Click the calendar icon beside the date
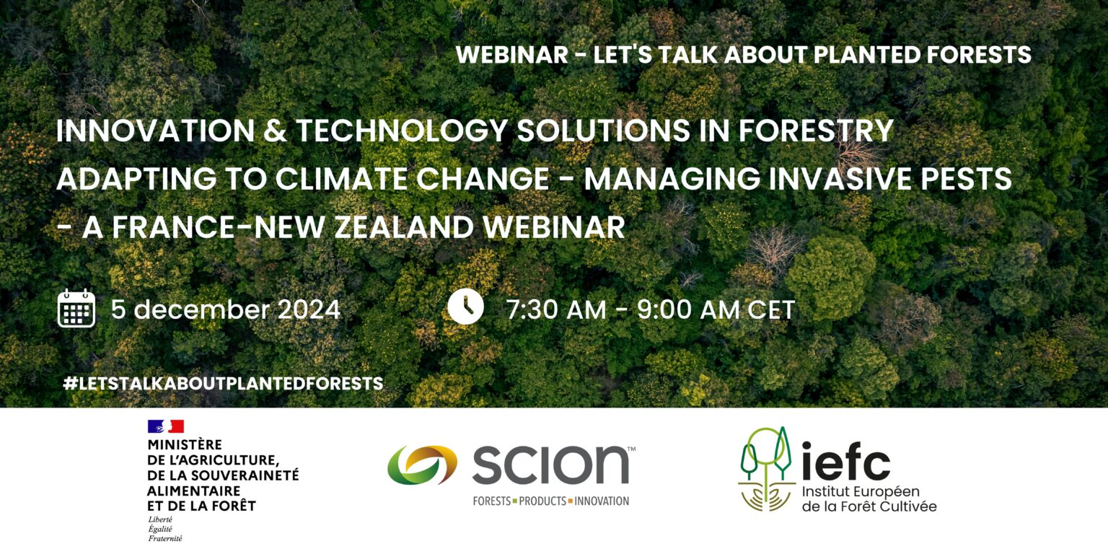point(76,309)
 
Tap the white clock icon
point(465,307)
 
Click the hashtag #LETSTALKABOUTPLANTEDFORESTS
point(223,383)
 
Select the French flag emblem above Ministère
point(165,426)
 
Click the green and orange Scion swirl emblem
point(422,465)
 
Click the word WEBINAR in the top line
point(511,55)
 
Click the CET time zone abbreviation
point(771,309)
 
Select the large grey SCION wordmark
point(550,465)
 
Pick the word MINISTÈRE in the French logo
point(185,445)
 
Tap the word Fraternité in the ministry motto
point(165,538)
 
